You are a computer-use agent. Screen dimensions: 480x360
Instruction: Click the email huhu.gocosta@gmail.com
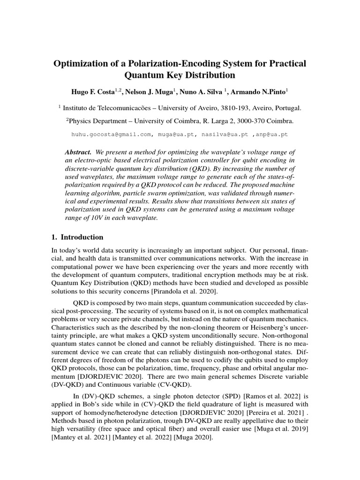click(x=111, y=134)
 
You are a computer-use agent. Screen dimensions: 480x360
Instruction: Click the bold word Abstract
click(x=78, y=152)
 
